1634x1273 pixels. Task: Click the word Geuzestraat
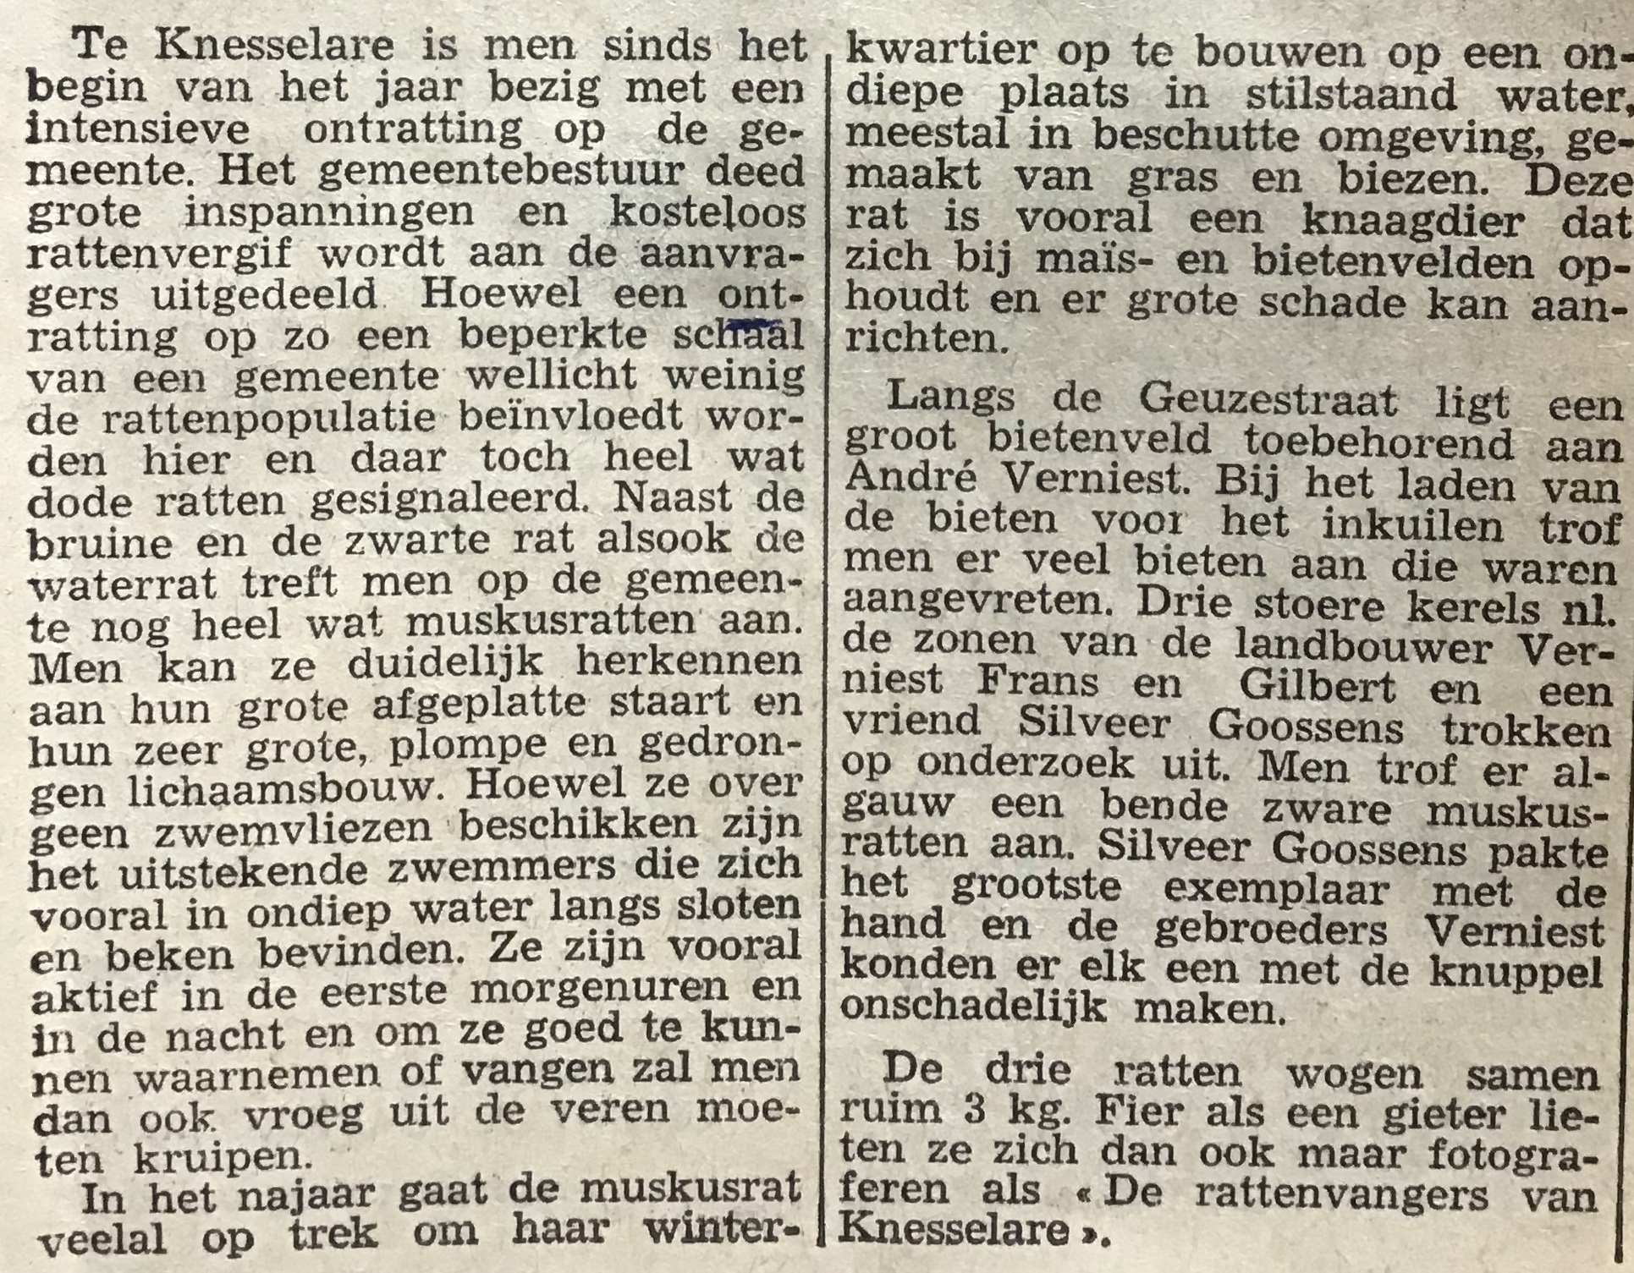1268,401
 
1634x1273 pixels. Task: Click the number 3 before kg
976,1109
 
